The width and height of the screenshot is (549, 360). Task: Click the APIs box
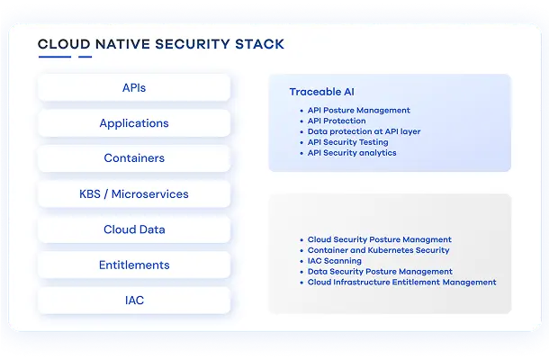pos(134,88)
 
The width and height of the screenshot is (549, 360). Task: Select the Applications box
pos(134,123)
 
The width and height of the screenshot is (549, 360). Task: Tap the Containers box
pos(134,158)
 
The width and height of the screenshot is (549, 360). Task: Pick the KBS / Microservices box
pos(134,193)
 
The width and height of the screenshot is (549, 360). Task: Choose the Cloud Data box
pos(134,229)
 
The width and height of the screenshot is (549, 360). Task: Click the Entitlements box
pos(134,265)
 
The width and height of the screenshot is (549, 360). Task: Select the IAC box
pos(134,300)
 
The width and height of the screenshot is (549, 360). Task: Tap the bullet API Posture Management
pos(358,110)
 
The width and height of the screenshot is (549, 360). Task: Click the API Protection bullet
pos(337,121)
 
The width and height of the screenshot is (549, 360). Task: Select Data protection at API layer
pos(364,131)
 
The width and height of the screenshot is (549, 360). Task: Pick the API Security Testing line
pos(347,142)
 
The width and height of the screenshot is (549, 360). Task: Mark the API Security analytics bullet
pos(352,153)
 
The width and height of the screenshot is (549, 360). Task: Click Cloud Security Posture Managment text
pos(379,239)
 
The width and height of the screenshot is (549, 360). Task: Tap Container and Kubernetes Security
pos(378,250)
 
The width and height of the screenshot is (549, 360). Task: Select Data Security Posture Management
pos(380,272)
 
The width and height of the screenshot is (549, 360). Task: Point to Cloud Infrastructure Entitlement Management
pos(401,283)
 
